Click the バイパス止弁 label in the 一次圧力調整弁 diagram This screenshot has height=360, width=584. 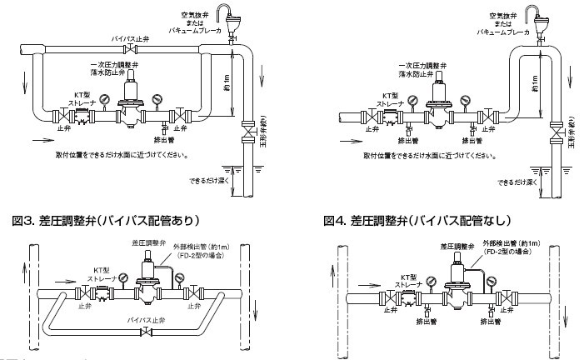[132, 39]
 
